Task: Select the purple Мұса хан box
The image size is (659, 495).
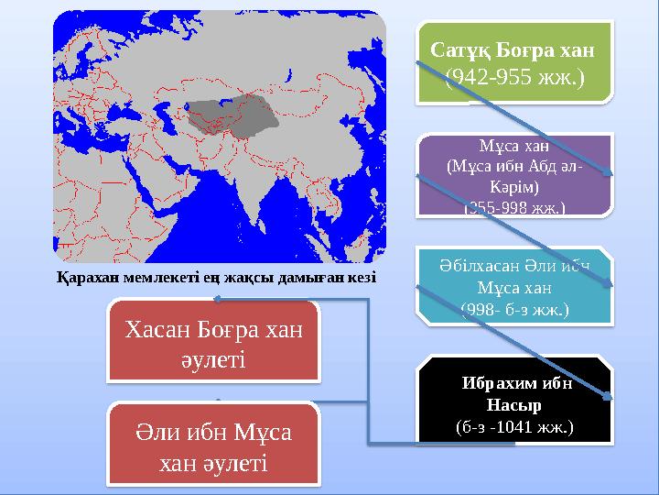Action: tap(514, 176)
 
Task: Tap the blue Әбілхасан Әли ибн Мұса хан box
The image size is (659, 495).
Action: tap(514, 284)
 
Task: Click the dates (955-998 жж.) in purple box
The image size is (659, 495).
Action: tap(514, 208)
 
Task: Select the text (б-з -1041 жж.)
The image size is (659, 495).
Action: tap(514, 426)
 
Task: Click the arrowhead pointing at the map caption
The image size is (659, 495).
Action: tap(216, 297)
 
